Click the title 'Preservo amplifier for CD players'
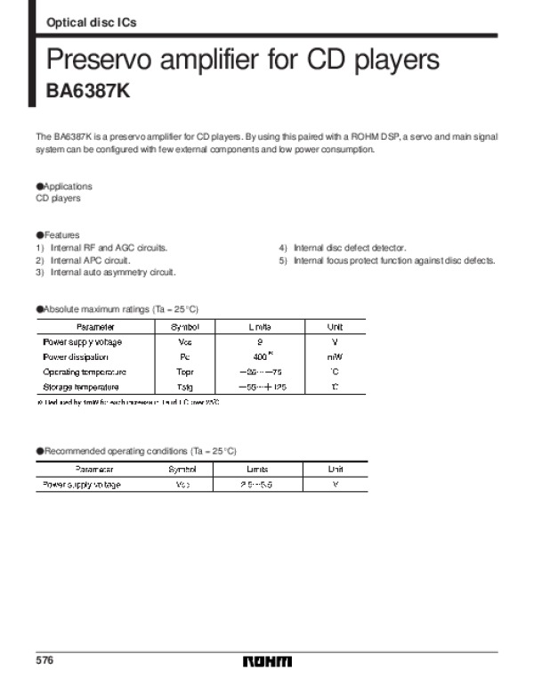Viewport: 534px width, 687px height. tap(243, 61)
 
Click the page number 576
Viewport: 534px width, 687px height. tap(45, 661)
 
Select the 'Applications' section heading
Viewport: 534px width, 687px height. tap(64, 186)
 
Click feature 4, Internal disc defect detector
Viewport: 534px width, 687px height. tap(343, 247)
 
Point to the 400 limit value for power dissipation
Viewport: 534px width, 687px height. tap(259, 356)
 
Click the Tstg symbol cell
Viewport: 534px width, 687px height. tap(185, 387)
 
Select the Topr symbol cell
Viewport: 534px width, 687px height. tap(185, 372)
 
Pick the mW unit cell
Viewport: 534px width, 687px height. tap(335, 356)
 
